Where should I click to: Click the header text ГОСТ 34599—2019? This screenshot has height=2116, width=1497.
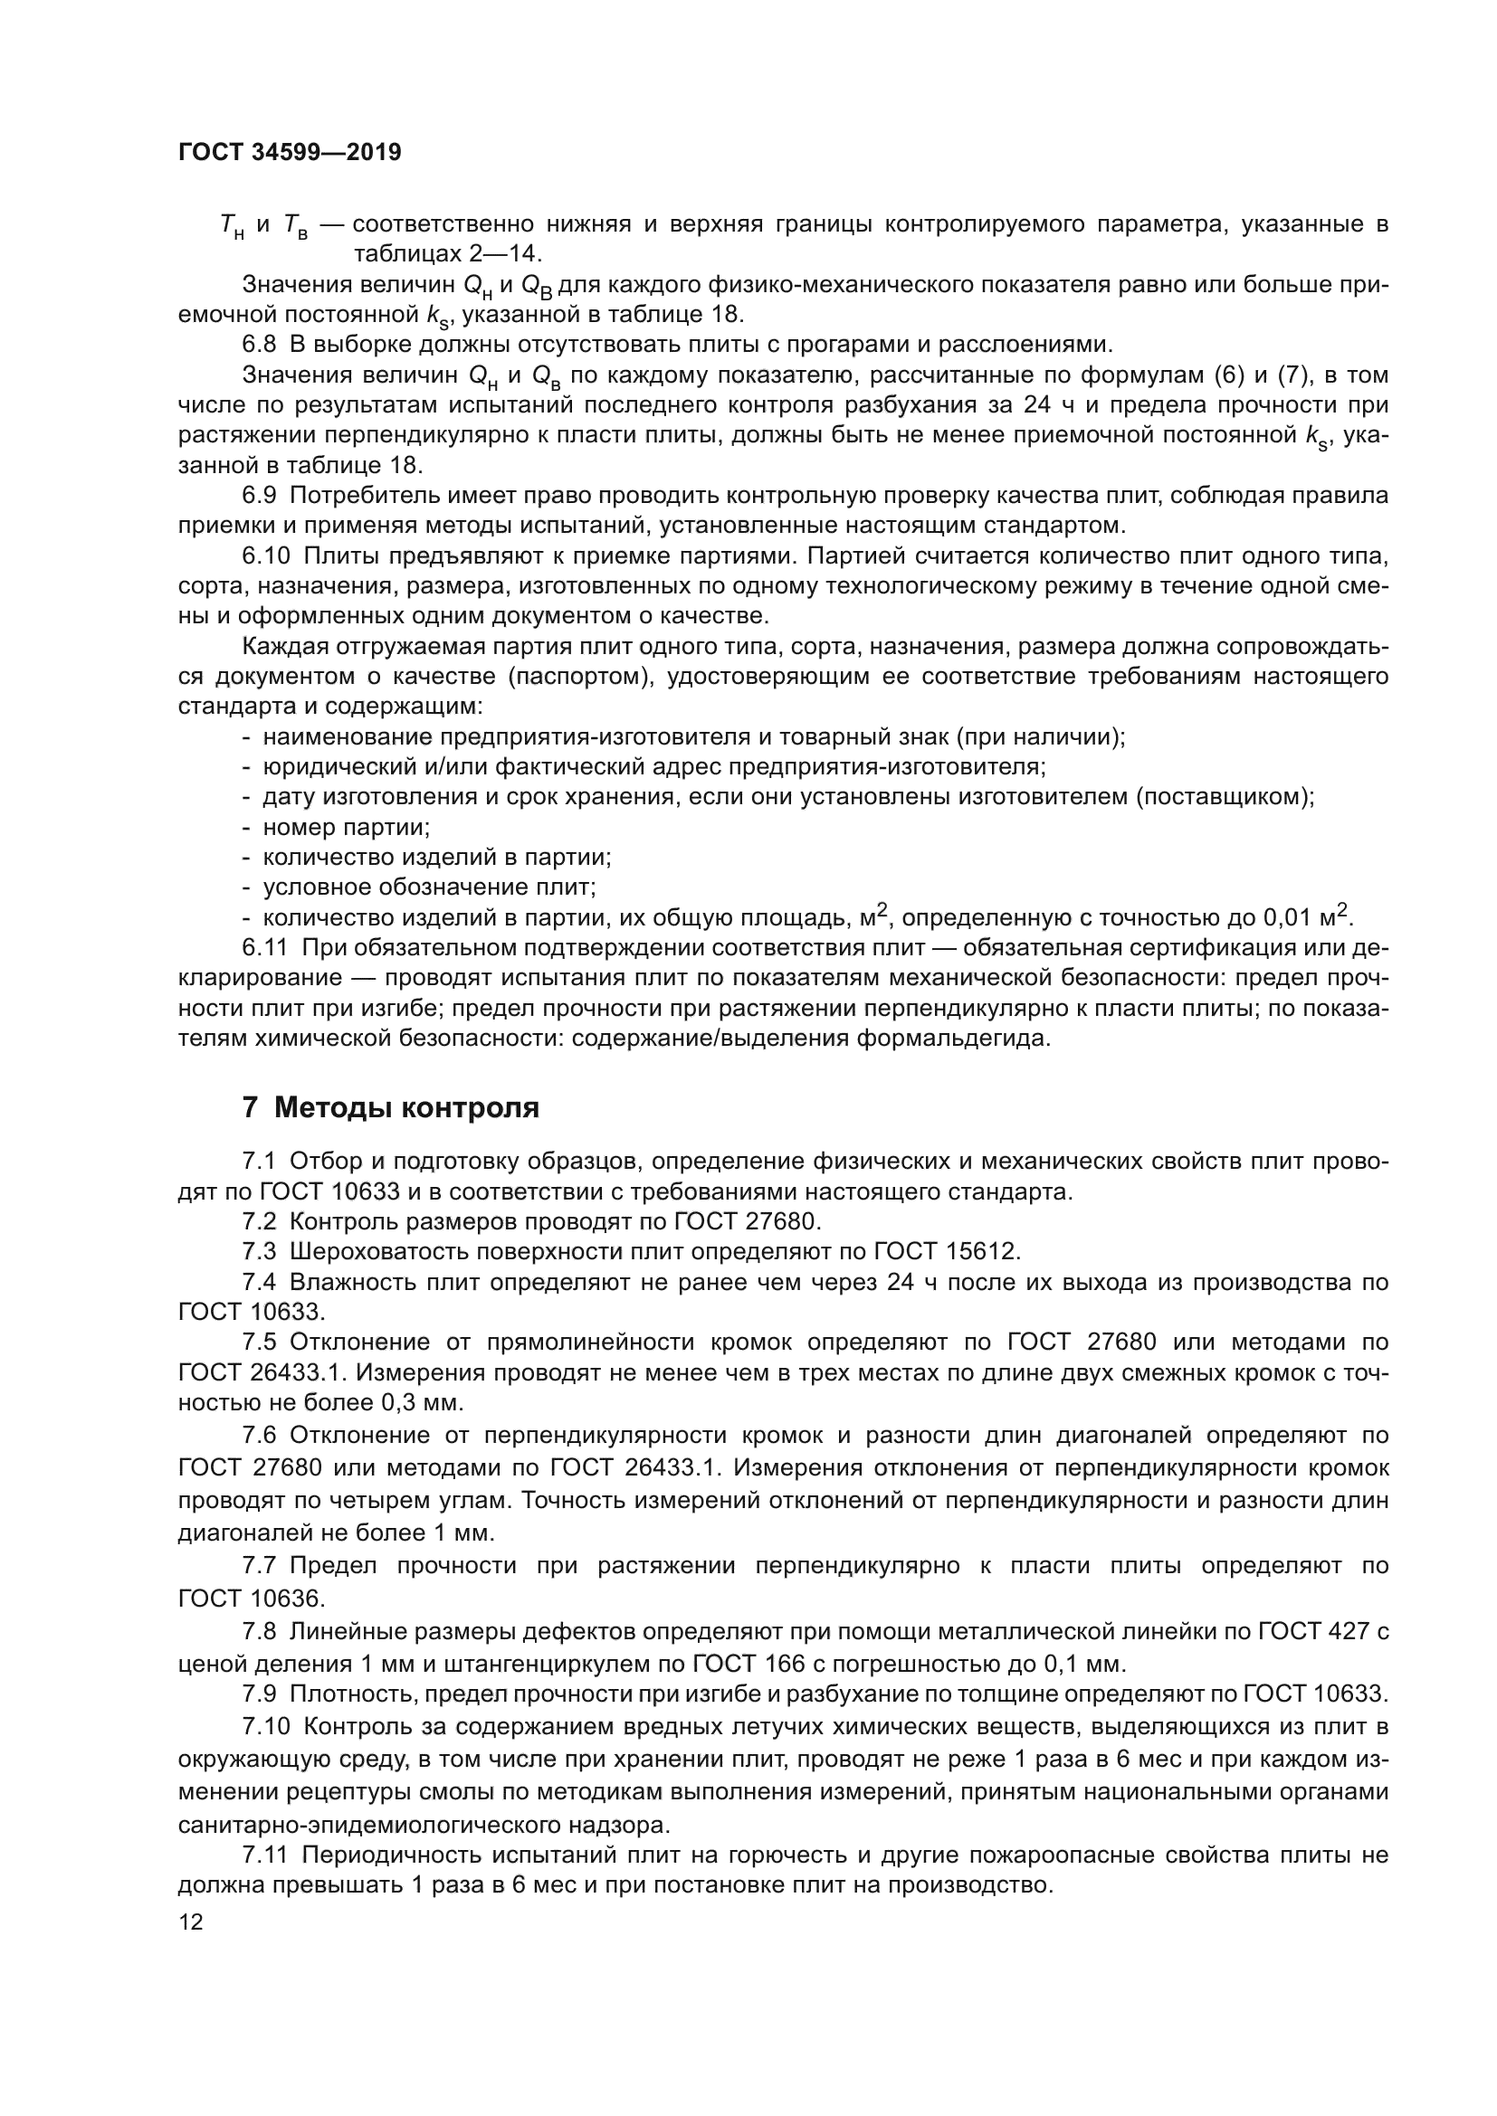[x=290, y=153]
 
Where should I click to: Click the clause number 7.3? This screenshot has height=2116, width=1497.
[x=259, y=1251]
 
